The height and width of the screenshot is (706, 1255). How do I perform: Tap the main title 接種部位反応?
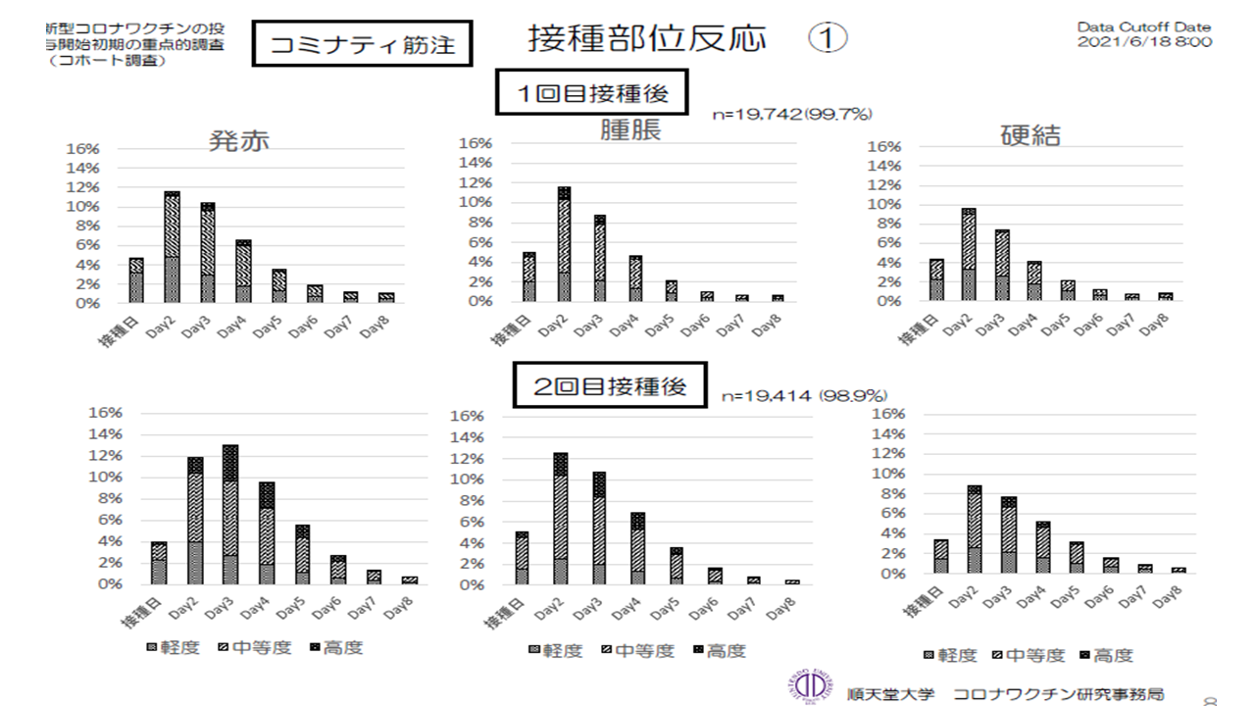[x=647, y=39]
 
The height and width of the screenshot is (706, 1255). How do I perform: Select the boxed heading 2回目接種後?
[x=610, y=387]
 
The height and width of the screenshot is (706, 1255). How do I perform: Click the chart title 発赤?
[x=238, y=140]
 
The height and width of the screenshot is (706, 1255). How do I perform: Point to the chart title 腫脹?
[x=630, y=130]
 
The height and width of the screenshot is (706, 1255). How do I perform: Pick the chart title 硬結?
[x=1029, y=135]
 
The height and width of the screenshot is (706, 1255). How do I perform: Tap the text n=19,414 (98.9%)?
[x=804, y=396]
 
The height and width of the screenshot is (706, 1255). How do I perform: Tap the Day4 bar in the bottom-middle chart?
[x=637, y=548]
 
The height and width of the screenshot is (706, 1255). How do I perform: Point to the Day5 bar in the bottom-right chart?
[x=1077, y=558]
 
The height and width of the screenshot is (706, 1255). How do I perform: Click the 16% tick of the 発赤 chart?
[x=82, y=149]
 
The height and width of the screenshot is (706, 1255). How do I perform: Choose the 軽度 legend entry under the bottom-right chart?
[x=949, y=655]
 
